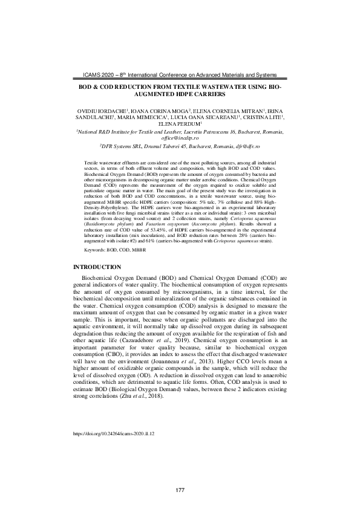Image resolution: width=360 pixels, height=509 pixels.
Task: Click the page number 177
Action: (x=180, y=489)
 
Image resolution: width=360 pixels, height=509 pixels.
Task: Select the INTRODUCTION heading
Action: (x=97, y=267)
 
